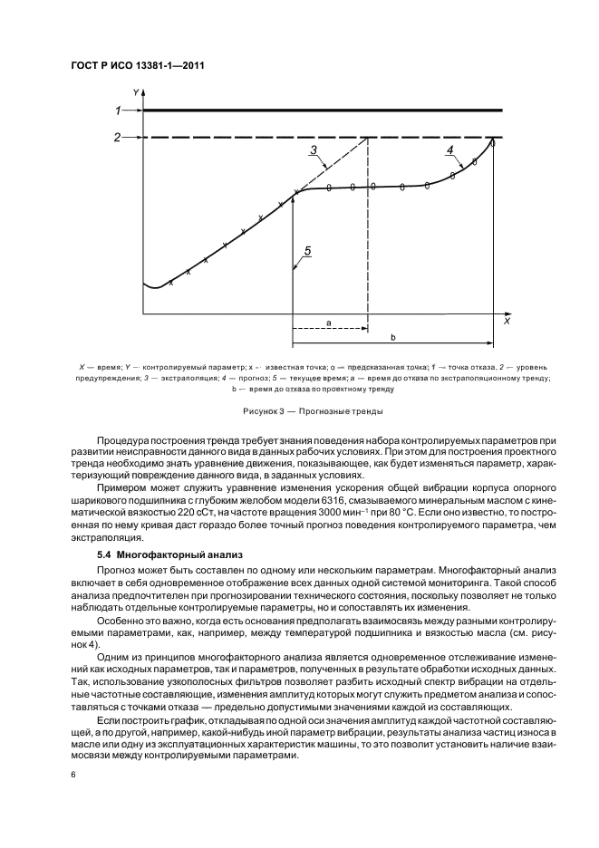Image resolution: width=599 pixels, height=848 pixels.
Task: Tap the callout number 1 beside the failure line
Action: [117, 111]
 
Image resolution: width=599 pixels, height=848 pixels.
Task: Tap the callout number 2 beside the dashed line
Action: [117, 138]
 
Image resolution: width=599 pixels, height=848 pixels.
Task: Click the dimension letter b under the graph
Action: [392, 337]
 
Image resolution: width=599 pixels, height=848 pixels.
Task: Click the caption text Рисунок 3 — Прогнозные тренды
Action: [299, 412]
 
